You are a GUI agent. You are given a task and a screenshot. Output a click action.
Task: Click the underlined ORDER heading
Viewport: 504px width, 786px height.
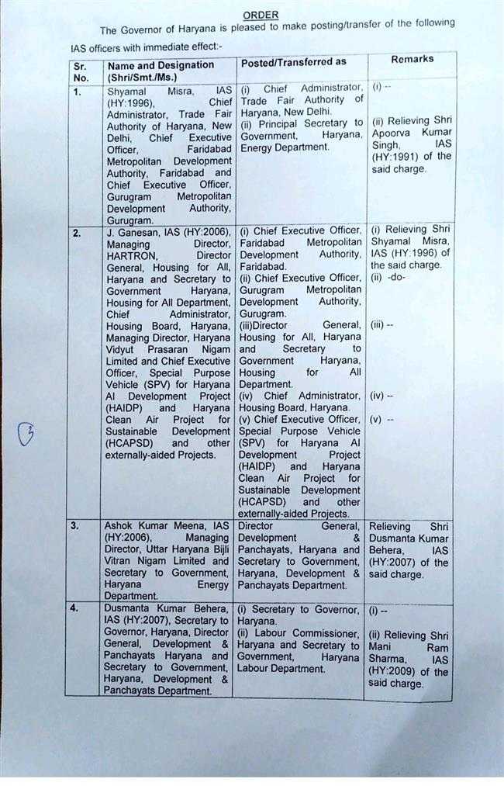click(261, 16)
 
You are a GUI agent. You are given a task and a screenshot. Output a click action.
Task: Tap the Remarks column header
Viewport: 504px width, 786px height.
click(412, 59)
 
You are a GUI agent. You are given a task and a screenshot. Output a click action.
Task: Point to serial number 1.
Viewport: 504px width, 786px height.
click(78, 92)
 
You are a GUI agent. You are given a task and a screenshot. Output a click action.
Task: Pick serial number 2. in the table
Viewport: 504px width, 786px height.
click(78, 232)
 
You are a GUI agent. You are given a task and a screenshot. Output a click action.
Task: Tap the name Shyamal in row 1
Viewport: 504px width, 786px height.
click(126, 91)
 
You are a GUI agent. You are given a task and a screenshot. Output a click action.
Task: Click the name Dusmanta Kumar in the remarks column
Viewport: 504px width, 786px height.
click(409, 538)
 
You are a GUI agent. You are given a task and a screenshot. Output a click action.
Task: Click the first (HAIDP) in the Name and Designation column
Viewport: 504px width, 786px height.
click(125, 407)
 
